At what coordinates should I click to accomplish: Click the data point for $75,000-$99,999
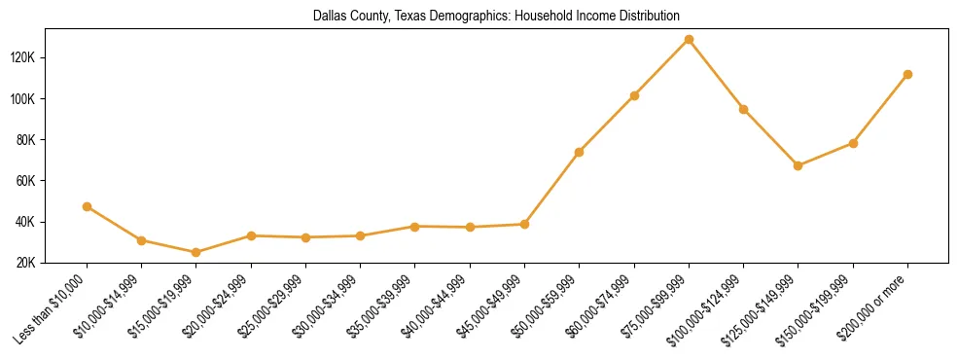click(x=689, y=40)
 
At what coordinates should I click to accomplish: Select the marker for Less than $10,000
click(x=88, y=206)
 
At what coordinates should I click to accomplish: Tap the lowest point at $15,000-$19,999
click(x=196, y=252)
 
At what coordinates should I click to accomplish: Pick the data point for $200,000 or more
click(x=907, y=74)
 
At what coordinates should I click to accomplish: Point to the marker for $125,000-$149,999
click(x=798, y=165)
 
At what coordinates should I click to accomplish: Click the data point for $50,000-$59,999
click(x=579, y=152)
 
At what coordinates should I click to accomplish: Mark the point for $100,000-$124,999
click(x=743, y=109)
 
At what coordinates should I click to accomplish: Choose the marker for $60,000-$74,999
click(x=634, y=95)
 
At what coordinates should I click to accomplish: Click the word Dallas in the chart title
click(x=330, y=16)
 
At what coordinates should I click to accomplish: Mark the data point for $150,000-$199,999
click(x=853, y=143)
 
